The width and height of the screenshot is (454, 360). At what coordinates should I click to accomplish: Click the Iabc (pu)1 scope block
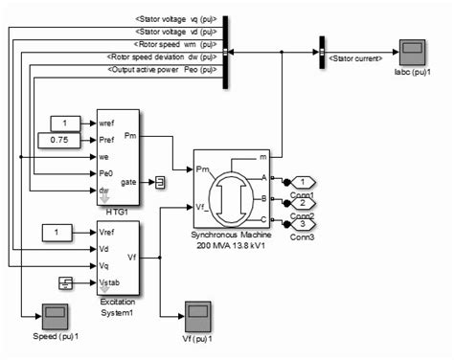tap(413, 51)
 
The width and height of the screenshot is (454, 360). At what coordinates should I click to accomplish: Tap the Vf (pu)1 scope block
tap(198, 314)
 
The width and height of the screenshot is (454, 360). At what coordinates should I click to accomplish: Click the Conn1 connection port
tap(303, 182)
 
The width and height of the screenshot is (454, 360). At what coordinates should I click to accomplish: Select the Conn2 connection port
tap(303, 203)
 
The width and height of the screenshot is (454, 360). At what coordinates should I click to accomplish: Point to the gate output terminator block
tap(162, 182)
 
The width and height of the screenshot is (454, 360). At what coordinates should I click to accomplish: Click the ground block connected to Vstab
tap(66, 281)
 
